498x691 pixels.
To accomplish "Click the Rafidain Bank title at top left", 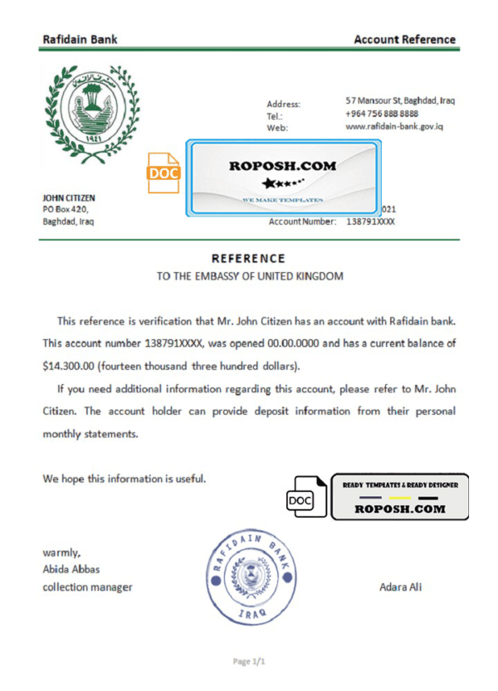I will click(80, 39).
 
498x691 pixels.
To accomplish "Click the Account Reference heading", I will click(404, 39).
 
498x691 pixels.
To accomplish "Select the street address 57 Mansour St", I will click(400, 101).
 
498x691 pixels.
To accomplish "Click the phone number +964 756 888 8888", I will click(381, 114).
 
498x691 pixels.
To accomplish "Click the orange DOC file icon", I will click(164, 173).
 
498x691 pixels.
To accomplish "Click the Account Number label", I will click(302, 222).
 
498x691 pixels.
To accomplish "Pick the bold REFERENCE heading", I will click(248, 259).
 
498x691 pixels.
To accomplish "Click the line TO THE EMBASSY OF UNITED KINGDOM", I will click(250, 275).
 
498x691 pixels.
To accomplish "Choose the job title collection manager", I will click(87, 587).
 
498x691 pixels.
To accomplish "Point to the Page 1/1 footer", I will click(248, 662).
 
